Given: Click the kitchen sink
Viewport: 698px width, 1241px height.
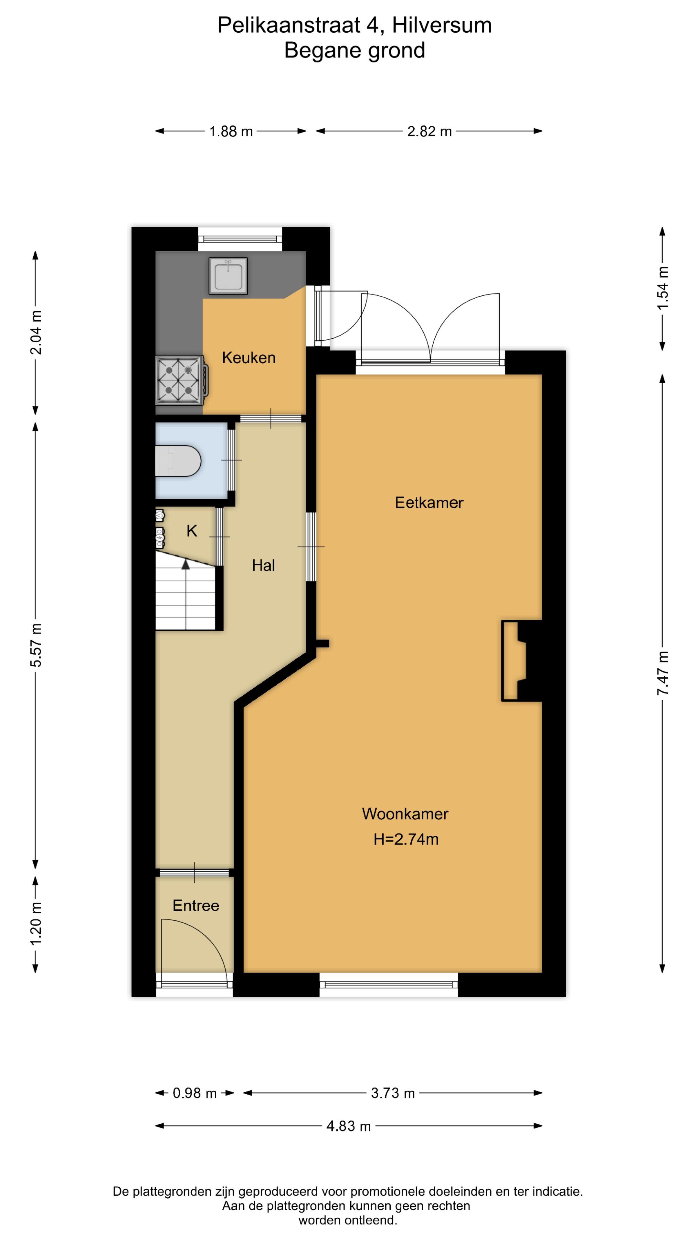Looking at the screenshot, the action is coord(228,276).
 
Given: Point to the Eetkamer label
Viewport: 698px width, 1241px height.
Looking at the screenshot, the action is coord(429,503).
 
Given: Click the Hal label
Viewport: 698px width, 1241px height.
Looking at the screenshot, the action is coord(263,565).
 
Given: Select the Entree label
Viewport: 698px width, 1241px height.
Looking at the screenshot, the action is coord(196,905).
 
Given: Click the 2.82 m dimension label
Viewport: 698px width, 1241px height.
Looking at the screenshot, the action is coord(429,131).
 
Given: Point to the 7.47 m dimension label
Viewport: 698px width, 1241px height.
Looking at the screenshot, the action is coord(663,673).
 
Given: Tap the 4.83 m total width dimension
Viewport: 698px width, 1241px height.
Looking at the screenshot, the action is coord(349,1126).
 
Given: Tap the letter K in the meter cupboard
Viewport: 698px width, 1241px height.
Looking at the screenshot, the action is coord(192,531).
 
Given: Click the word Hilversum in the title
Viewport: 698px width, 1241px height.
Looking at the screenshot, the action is coord(442,25).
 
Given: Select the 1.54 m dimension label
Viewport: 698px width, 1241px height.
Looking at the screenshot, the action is coord(663,288).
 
